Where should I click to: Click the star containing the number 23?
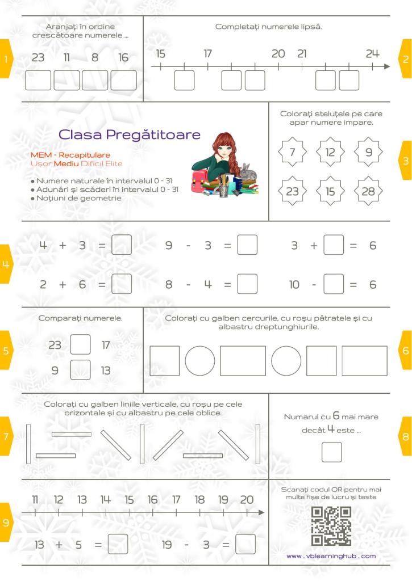pyautogui.click(x=292, y=191)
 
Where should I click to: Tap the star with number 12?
pyautogui.click(x=330, y=152)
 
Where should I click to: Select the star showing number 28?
pyautogui.click(x=368, y=191)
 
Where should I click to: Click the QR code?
pyautogui.click(x=331, y=526)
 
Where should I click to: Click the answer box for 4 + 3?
pyautogui.click(x=122, y=246)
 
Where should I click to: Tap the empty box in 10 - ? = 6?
pyautogui.click(x=334, y=284)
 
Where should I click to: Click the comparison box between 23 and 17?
pyautogui.click(x=80, y=344)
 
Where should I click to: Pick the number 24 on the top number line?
pyautogui.click(x=372, y=54)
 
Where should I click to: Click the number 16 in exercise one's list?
pyautogui.click(x=123, y=57)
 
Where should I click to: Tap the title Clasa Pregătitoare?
pyautogui.click(x=130, y=135)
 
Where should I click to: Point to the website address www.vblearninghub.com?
pyautogui.click(x=331, y=556)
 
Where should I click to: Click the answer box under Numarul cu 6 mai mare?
pyautogui.click(x=331, y=452)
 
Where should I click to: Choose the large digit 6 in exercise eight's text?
pyautogui.click(x=336, y=417)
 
